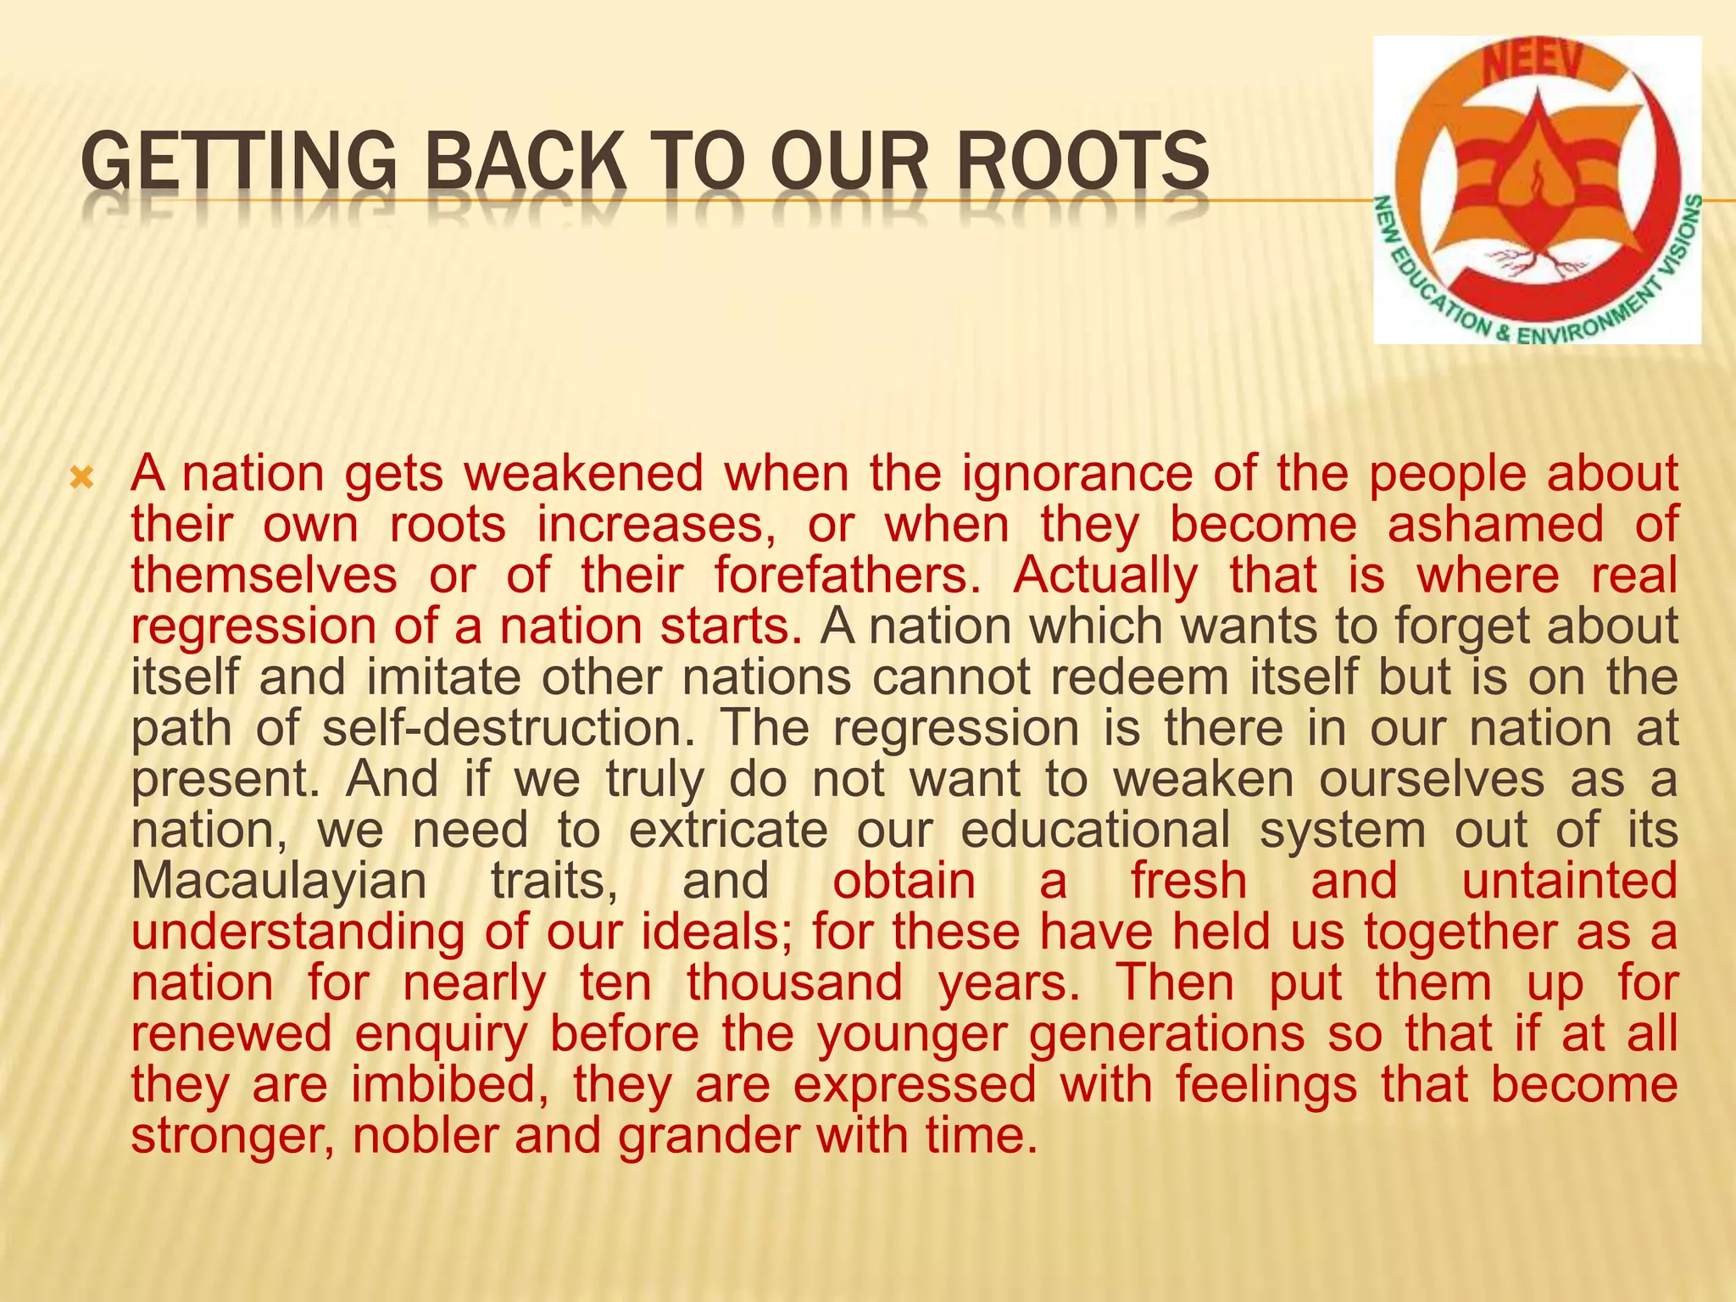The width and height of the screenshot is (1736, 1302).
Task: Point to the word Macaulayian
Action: (x=279, y=881)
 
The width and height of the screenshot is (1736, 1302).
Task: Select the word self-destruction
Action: (x=509, y=728)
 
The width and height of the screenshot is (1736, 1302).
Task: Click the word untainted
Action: (x=1570, y=881)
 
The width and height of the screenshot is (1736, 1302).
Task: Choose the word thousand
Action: (x=794, y=982)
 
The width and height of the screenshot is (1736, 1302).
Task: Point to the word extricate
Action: (x=728, y=830)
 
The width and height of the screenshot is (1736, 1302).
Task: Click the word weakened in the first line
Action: (x=584, y=474)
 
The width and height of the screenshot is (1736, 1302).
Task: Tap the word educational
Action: (x=1095, y=830)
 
